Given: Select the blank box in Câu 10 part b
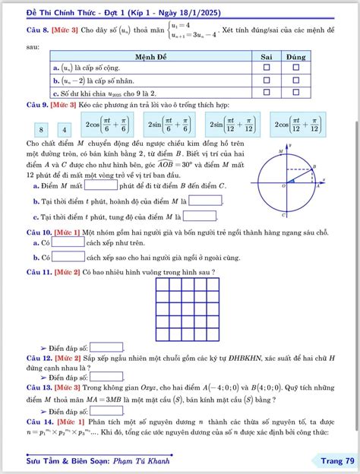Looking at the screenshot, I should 68,256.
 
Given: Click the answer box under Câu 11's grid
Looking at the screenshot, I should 106,346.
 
